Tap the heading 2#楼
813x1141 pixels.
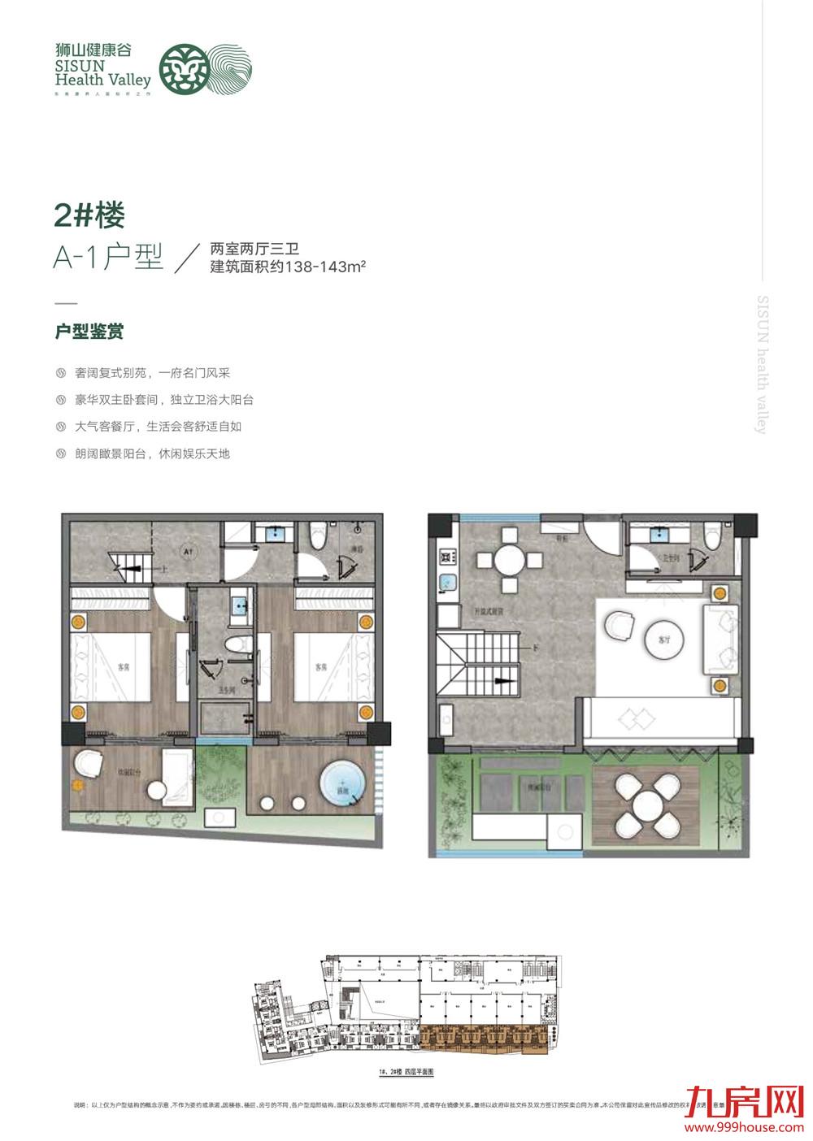point(89,216)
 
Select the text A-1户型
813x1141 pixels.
point(108,258)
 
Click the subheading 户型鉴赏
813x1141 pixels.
point(88,332)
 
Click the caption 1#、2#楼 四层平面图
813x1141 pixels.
point(407,1073)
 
